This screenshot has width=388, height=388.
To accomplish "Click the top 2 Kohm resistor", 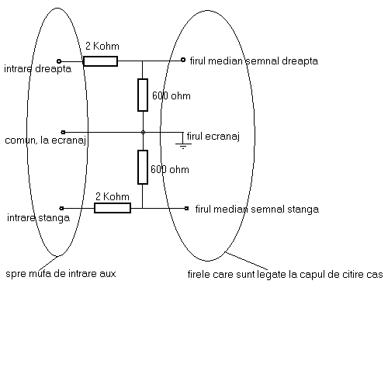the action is point(100,61).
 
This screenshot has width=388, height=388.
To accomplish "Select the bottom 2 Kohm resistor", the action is point(113,208).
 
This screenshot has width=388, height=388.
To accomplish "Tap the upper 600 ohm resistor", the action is point(143,95).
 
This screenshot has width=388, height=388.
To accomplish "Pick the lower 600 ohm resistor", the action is point(143,167).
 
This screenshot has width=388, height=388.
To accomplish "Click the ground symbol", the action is point(183,146).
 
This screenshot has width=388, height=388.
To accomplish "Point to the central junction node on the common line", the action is point(143,132).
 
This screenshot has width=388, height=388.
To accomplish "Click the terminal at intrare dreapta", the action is point(59,61).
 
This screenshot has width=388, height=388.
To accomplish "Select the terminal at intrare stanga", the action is point(61,208).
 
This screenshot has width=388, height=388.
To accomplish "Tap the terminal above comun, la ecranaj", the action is point(63,132).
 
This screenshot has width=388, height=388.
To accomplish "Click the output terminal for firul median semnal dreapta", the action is point(183,60).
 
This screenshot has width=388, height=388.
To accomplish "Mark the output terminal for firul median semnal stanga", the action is point(187,208).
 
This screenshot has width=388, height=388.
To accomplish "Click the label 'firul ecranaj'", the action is point(213,137).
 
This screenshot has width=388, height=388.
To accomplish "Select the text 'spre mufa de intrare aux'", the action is point(61,274).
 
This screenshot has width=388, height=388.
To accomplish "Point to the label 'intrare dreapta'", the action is point(38,69).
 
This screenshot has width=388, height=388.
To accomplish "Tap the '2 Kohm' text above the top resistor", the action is point(102,46).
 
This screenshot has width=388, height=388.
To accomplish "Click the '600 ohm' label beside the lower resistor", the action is point(170,169).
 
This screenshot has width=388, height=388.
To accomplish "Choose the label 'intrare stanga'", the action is point(38,218).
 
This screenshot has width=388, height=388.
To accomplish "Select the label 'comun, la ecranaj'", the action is point(46,140).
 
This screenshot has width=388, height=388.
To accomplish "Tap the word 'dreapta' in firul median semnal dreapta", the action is point(300,61).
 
